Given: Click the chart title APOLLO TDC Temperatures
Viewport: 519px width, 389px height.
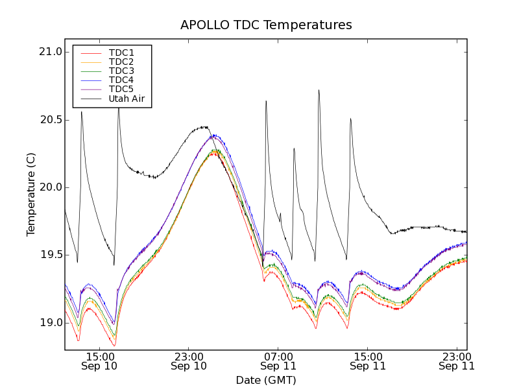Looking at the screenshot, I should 266,25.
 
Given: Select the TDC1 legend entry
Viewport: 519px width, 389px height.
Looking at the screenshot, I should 121,53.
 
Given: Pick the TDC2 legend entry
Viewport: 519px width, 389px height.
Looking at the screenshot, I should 121,62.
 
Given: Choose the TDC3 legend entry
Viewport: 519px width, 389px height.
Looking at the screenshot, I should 121,71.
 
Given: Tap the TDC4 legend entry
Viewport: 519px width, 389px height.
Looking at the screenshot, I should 121,80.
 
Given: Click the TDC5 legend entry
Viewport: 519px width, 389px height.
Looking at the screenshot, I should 121,89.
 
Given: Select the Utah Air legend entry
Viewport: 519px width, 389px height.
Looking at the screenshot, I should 127,99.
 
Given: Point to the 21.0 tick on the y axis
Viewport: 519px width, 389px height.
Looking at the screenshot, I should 50,52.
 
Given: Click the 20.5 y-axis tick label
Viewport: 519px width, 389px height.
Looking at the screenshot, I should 50,120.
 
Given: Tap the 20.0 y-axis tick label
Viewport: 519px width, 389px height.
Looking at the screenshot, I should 50,187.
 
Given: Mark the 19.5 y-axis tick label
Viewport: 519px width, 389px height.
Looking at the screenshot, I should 50,255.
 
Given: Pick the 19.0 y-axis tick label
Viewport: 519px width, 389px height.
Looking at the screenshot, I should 50,323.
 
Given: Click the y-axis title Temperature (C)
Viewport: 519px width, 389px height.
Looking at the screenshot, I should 31,194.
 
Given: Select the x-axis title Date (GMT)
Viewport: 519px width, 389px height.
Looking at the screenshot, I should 266,380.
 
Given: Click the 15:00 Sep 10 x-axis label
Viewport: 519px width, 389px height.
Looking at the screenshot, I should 99,361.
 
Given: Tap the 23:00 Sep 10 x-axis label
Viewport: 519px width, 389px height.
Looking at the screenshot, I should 189,361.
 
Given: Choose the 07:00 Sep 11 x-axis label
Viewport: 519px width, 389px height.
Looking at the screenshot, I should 278,361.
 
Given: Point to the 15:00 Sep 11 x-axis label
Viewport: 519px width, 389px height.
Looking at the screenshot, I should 368,361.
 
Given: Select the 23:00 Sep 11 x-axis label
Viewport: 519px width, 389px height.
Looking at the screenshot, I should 457,361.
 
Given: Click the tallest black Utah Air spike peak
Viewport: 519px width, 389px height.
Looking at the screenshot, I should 319,90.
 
